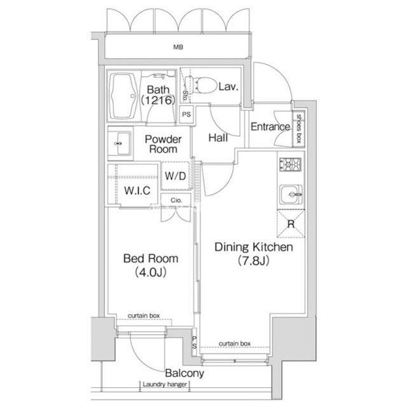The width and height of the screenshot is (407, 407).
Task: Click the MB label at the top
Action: click(178, 47)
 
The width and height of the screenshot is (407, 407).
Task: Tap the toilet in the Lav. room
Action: click(202, 85)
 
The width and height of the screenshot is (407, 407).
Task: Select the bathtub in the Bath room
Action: click(123, 96)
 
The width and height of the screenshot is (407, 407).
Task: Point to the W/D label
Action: click(176, 176)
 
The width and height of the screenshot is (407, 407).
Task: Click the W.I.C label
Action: click(137, 191)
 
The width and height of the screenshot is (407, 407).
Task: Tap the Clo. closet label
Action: click(177, 200)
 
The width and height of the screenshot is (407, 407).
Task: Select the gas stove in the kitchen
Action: click(290, 165)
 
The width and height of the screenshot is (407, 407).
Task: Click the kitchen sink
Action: click(291, 195)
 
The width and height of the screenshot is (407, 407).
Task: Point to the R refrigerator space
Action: click(291, 224)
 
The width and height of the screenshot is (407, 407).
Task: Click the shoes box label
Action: click(299, 128)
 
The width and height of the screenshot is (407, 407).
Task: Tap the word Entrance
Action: click(270, 127)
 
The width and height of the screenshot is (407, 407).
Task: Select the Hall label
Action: click(218, 137)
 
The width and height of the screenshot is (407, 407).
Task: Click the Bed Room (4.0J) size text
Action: click(151, 272)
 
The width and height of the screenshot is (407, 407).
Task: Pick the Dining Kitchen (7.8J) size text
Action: click(254, 261)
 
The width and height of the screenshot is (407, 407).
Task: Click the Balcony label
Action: click(184, 373)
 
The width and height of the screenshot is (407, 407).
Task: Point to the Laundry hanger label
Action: click(165, 384)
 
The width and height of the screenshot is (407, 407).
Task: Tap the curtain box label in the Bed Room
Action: click(144, 315)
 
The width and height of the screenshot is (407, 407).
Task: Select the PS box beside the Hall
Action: click(186, 114)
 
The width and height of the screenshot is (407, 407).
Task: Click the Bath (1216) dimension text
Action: click(158, 100)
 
